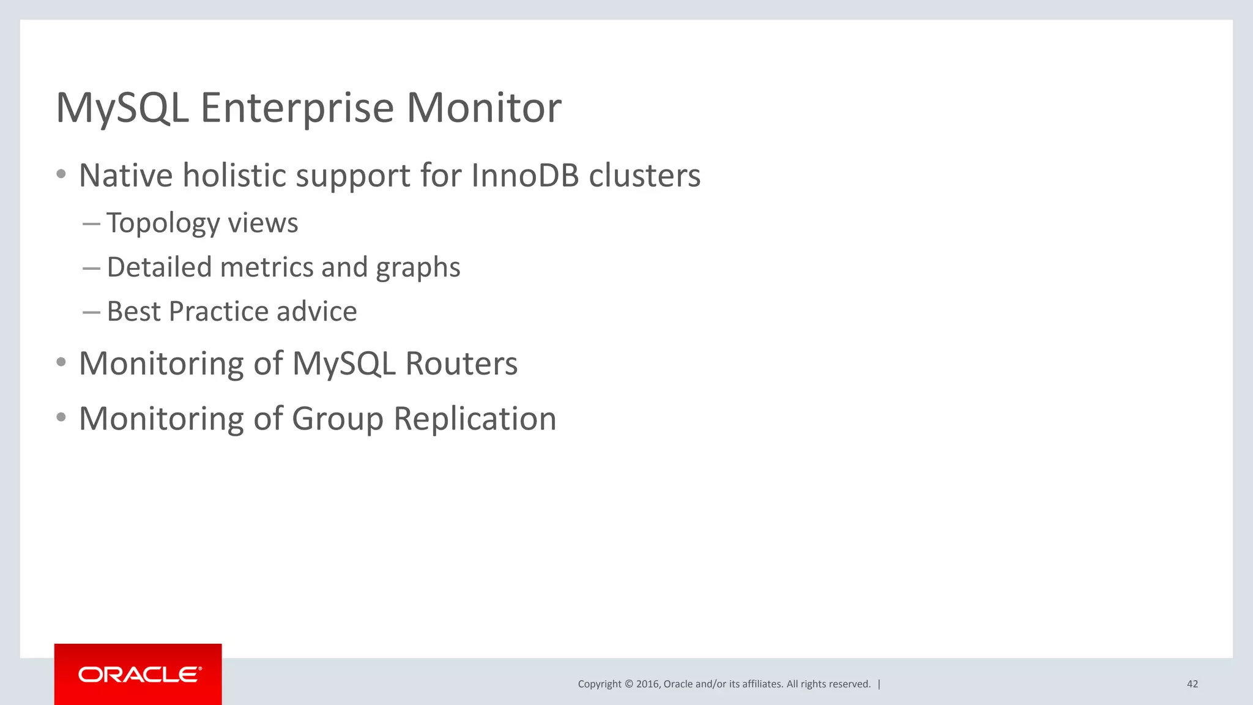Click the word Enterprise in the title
[297, 108]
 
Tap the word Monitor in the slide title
[483, 108]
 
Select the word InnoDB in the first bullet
[525, 176]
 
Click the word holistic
[234, 176]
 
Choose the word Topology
[162, 223]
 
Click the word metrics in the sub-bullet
[267, 267]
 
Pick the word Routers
[461, 364]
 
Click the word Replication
[475, 420]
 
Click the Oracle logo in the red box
[139, 674]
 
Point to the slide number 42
[1192, 684]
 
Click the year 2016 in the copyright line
[647, 684]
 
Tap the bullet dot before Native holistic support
[61, 174]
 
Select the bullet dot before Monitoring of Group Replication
[61, 417]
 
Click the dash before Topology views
[91, 224]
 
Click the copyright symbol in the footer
[628, 684]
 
